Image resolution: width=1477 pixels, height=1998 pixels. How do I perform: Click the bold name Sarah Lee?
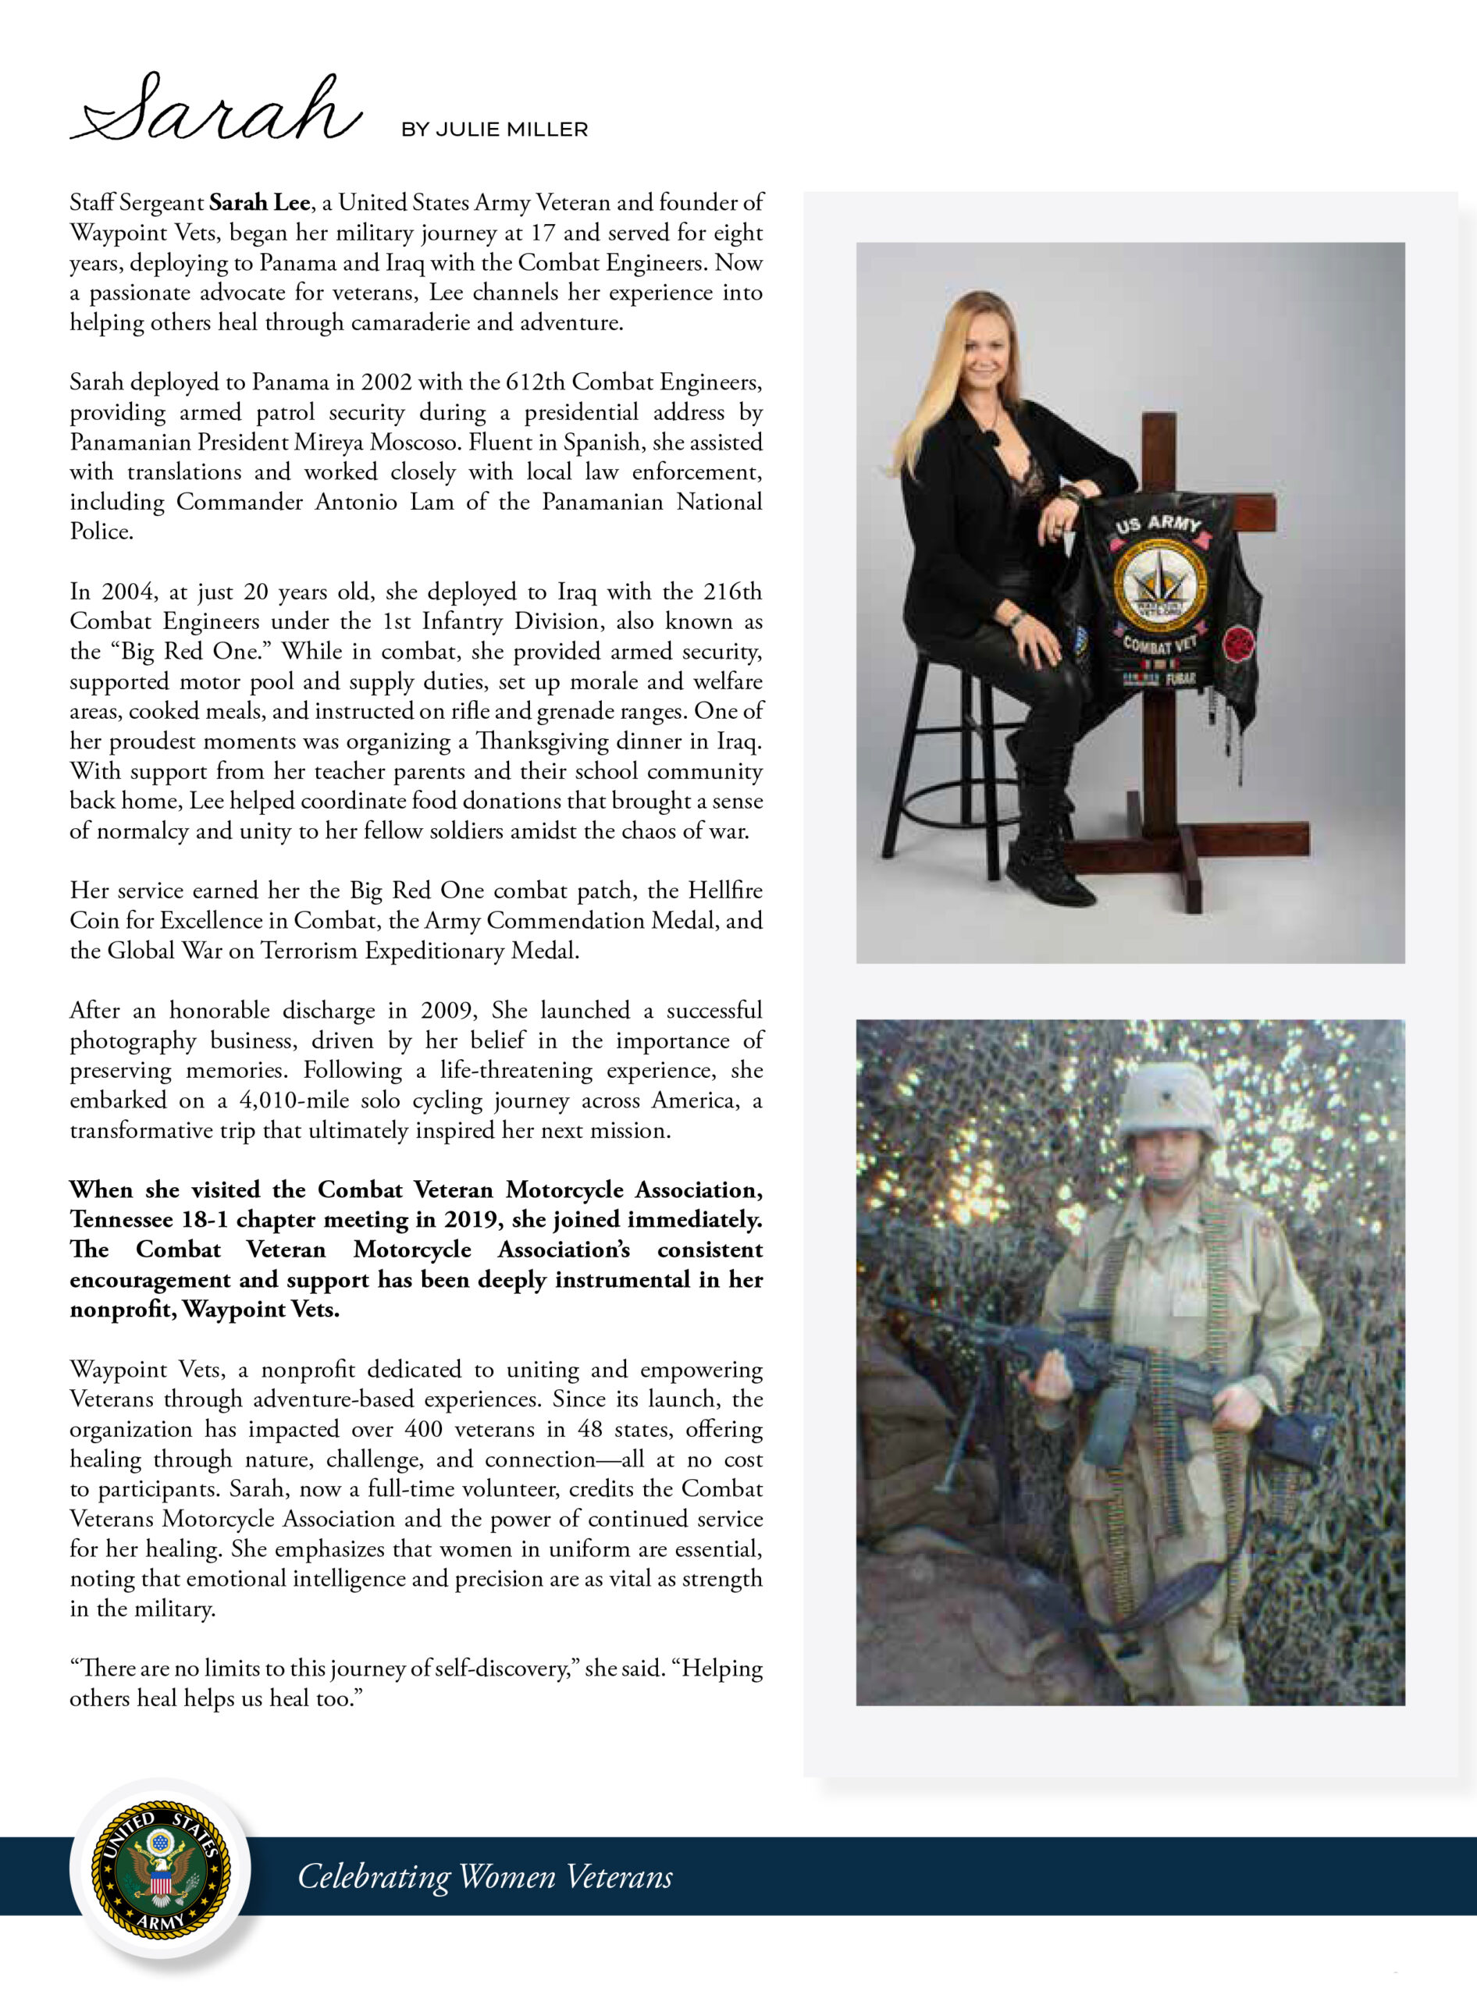[259, 203]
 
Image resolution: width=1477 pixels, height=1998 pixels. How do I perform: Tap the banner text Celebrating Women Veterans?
[485, 1876]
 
